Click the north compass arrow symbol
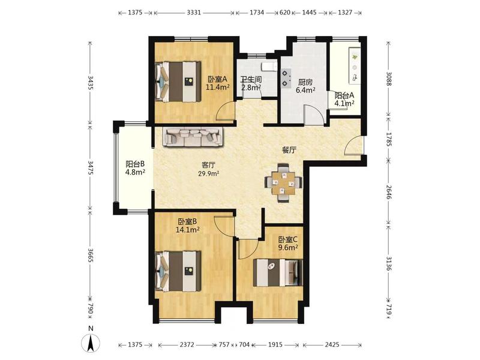coord(91,343)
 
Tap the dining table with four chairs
coord(283,183)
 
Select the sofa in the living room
coord(193,137)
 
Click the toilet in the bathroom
coord(269,67)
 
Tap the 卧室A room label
coord(218,79)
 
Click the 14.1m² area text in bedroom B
coord(188,229)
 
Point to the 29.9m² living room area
coord(208,174)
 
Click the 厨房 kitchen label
coord(305,82)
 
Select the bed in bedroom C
coord(278,273)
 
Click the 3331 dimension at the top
coord(193,13)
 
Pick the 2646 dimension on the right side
coord(389,192)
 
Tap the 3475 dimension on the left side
coord(91,167)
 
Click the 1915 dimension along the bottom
coord(275,344)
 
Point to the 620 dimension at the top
coord(284,13)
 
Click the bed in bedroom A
coord(178,82)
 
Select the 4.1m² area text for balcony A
coord(344,103)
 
